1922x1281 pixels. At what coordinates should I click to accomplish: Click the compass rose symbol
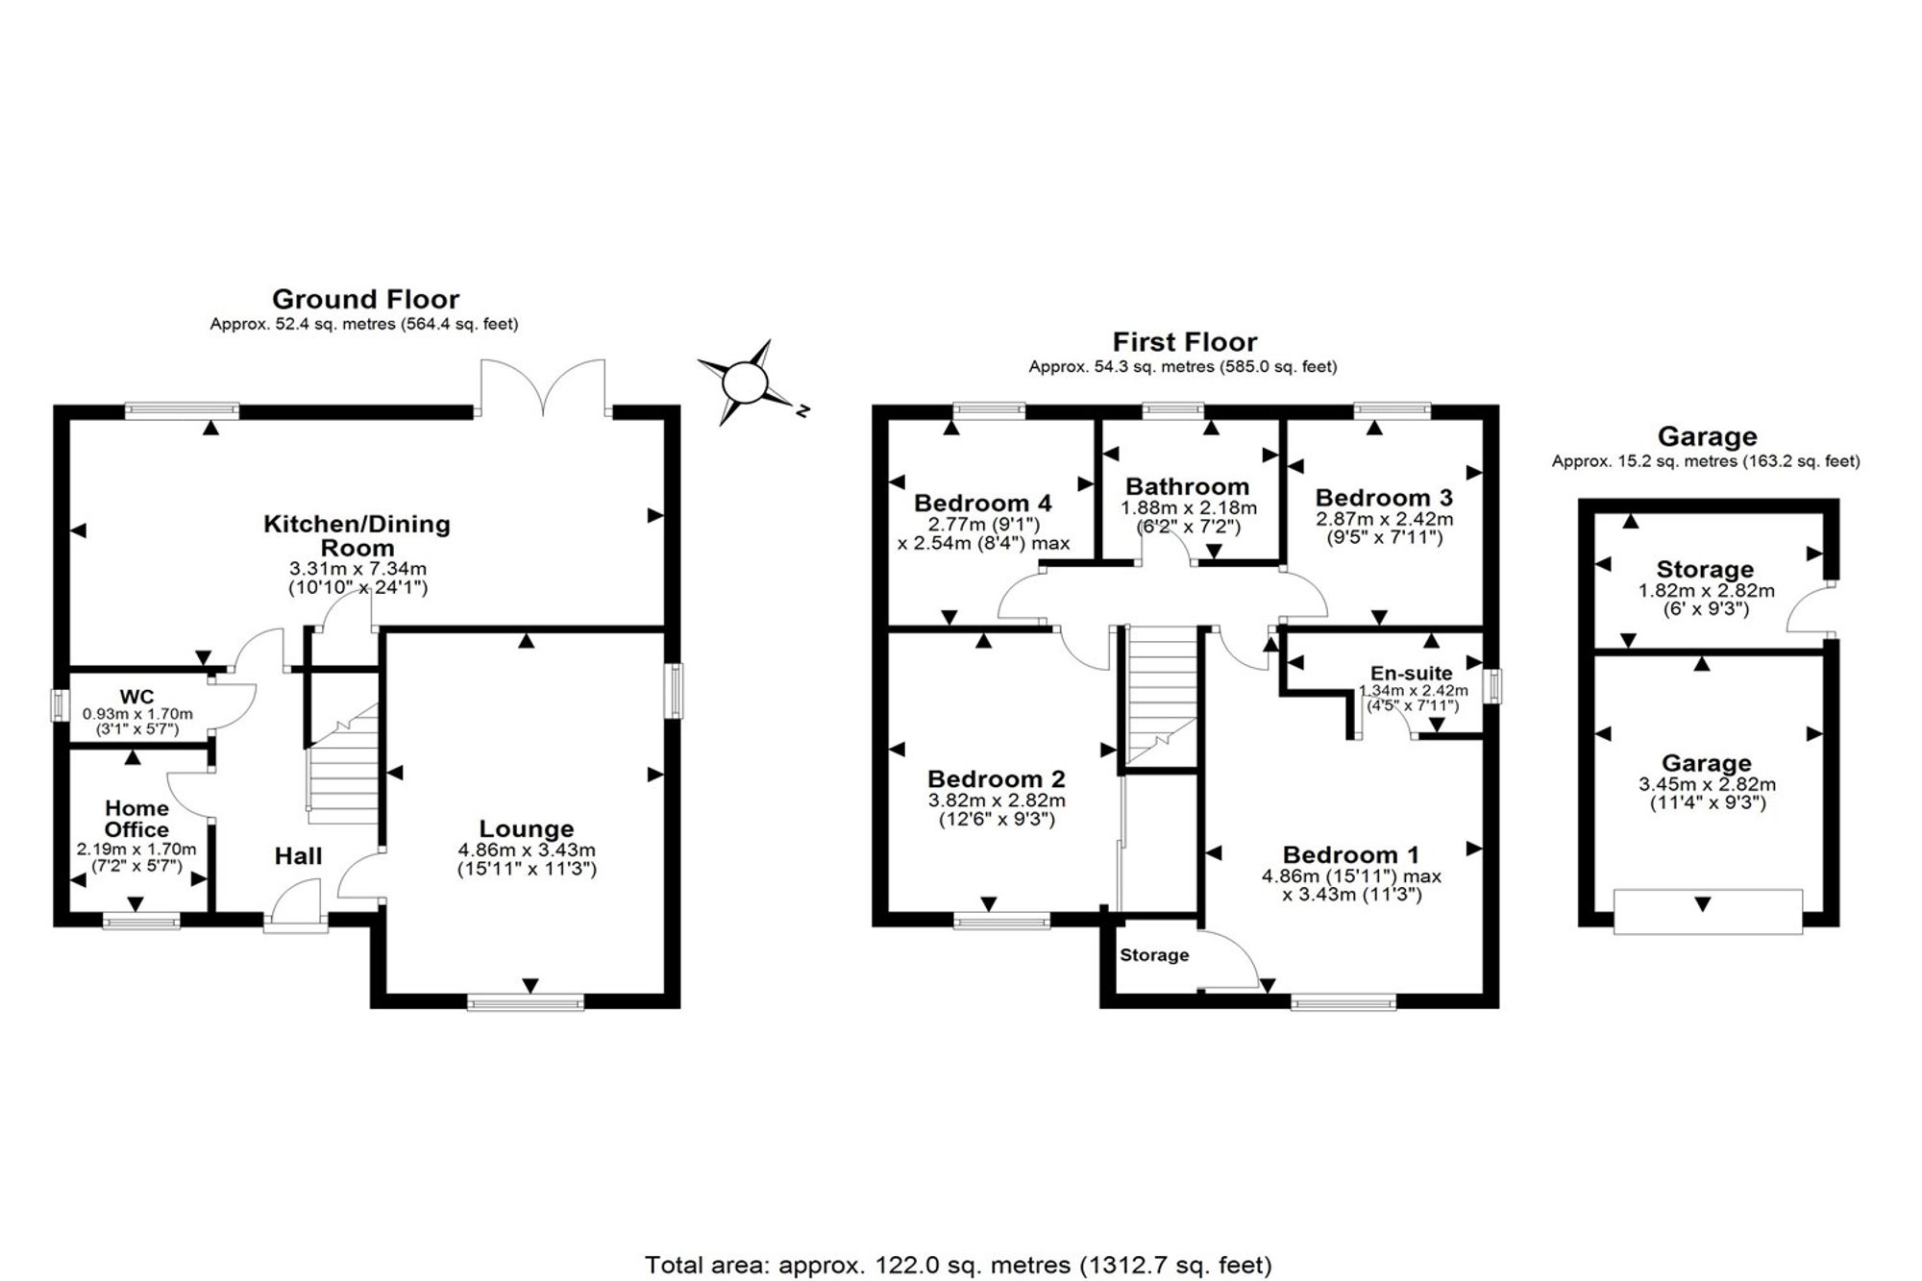745,382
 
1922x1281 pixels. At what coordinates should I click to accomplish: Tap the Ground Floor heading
365,299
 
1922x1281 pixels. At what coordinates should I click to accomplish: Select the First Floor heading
1184,341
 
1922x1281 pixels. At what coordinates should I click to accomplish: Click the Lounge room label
527,828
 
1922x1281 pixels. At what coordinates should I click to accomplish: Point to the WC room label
136,697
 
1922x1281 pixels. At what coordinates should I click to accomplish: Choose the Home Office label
136,819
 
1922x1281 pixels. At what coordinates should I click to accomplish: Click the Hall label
298,856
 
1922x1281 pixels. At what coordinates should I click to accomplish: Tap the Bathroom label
1188,486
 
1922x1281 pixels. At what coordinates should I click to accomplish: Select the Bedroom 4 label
983,503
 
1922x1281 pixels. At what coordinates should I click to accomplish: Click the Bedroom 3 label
1384,498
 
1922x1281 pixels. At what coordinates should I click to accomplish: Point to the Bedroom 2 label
997,778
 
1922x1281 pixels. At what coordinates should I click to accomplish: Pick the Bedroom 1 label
1351,854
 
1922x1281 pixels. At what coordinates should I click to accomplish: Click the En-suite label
1412,674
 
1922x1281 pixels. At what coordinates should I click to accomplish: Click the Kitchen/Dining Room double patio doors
543,387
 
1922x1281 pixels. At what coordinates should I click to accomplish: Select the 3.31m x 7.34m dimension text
357,569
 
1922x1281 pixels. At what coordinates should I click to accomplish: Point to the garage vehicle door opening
1708,911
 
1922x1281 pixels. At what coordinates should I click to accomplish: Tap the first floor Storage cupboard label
1154,955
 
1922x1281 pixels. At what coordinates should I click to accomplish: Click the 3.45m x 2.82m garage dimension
1707,784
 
